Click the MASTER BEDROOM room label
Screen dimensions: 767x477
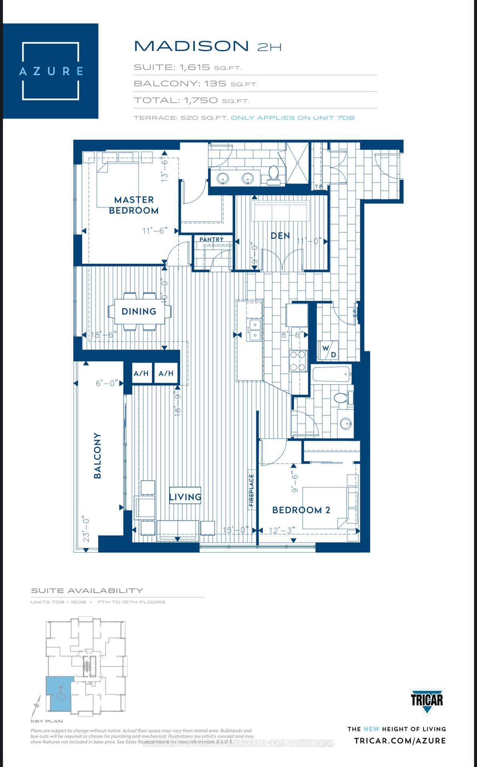tap(134, 205)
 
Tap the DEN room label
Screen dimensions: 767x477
tap(280, 236)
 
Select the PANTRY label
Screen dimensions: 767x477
tap(212, 239)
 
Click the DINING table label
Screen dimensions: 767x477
tap(139, 311)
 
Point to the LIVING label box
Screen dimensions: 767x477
tap(185, 497)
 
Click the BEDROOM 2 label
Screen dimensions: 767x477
tap(301, 510)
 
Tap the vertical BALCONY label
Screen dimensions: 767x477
tap(97, 455)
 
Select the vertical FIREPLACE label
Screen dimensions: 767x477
tap(251, 490)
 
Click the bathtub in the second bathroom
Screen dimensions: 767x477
tap(331, 375)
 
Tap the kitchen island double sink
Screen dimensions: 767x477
tap(254, 330)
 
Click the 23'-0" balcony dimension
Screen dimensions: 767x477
tap(86, 530)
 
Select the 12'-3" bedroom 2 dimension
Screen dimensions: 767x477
tap(282, 531)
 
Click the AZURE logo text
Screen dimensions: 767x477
tap(51, 71)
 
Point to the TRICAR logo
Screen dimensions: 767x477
tap(427, 700)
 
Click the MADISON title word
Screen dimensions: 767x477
tap(191, 46)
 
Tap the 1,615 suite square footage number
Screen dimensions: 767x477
tap(194, 67)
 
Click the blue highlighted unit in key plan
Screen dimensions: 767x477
tap(59, 694)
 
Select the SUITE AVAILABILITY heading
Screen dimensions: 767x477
tap(87, 590)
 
